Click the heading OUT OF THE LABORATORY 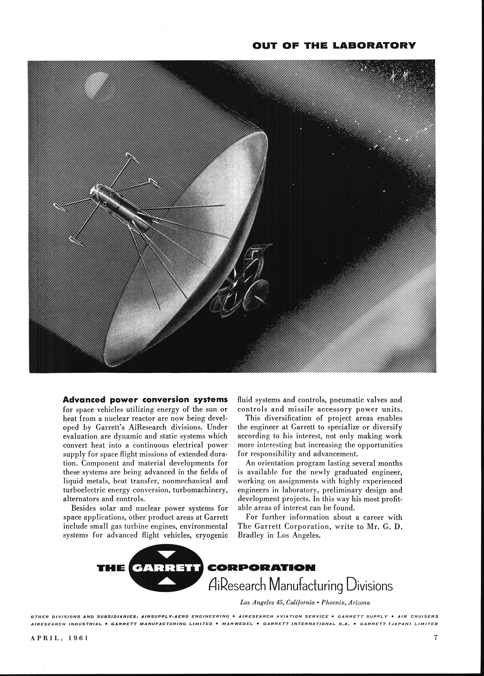pos(333,46)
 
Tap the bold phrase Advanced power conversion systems pos(145,399)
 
